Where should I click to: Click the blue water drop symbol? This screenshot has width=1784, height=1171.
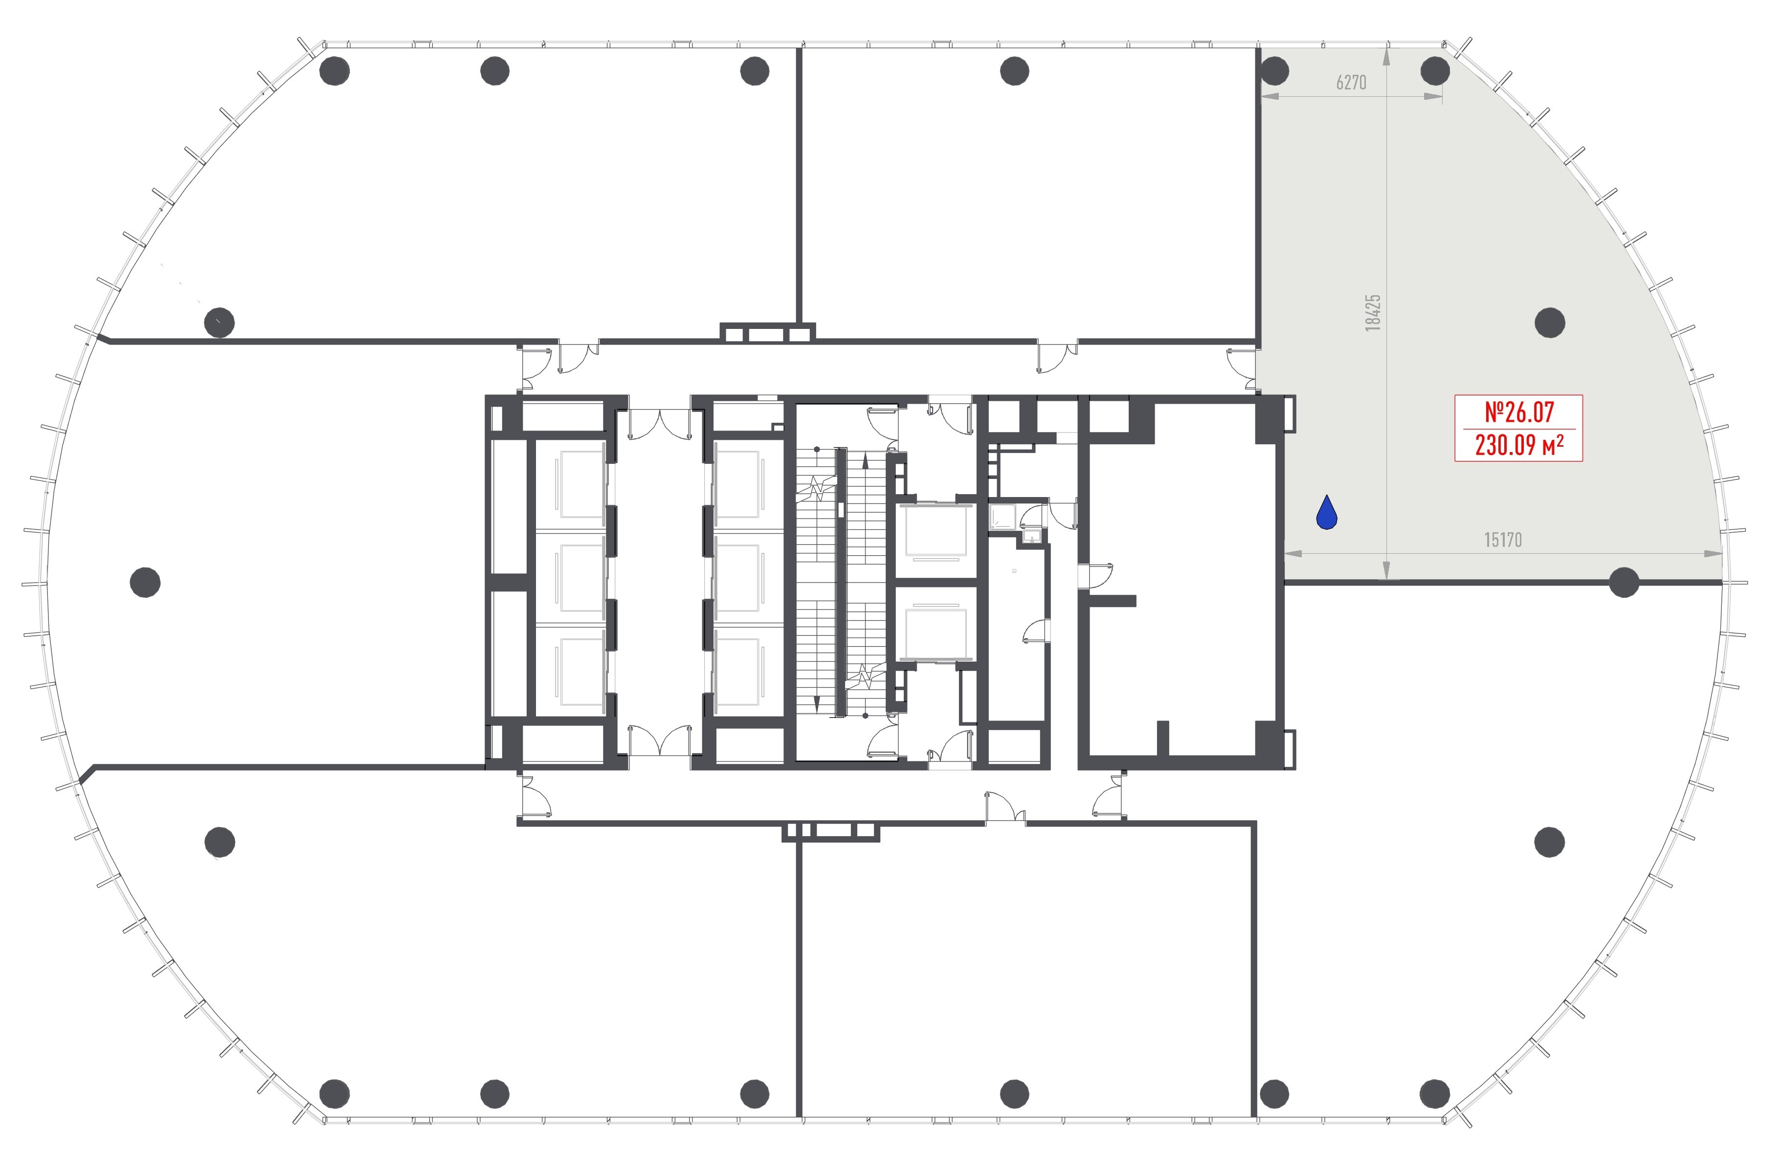(1328, 513)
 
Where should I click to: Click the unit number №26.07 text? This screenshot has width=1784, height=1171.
(1519, 412)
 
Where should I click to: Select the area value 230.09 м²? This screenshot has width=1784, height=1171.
(1519, 445)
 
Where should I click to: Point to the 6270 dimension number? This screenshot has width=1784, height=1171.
(1351, 83)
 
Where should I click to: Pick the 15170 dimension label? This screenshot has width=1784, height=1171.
(1503, 540)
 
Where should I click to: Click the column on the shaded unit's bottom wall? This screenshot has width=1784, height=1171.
(1624, 582)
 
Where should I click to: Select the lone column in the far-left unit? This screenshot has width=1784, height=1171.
(145, 582)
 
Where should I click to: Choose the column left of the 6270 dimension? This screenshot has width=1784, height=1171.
(1274, 71)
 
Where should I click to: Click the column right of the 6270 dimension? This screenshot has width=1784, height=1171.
(1435, 71)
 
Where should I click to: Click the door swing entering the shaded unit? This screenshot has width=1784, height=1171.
(1243, 369)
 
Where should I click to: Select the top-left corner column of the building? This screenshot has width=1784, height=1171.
(334, 71)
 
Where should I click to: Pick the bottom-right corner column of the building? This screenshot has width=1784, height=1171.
(1435, 1093)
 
